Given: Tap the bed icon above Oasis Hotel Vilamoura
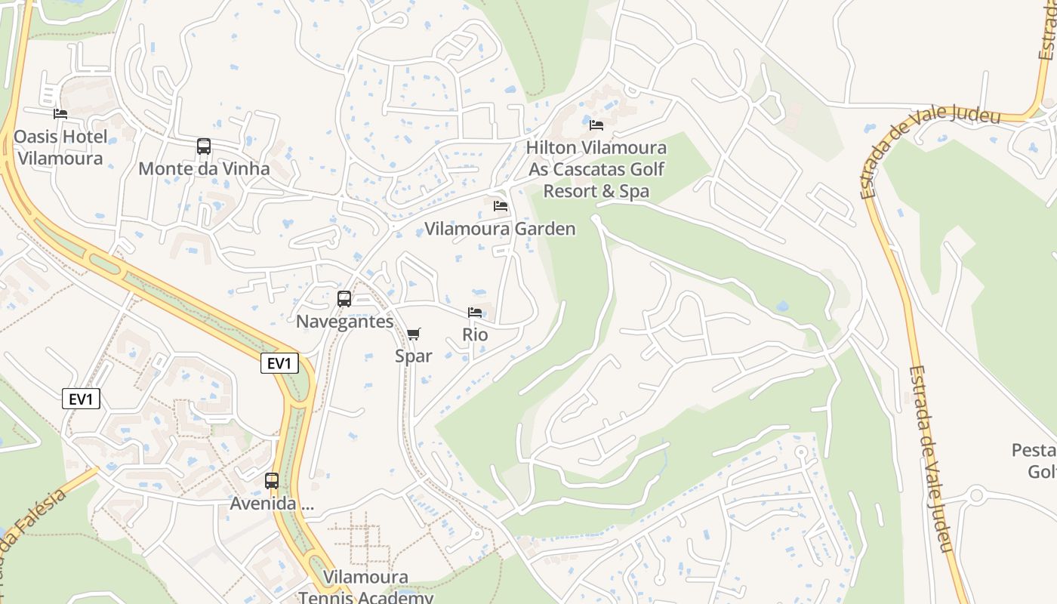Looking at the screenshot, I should pyautogui.click(x=60, y=114).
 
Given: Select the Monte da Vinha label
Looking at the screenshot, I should pyautogui.click(x=204, y=168).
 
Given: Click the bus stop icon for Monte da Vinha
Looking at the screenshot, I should pyautogui.click(x=204, y=146).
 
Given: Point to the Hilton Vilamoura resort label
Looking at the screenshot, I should pyautogui.click(x=596, y=169).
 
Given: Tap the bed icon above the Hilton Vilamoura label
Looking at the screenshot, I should pyautogui.click(x=596, y=125).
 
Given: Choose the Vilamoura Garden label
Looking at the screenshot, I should pyautogui.click(x=500, y=229).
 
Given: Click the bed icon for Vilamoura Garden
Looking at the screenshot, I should pyautogui.click(x=501, y=206).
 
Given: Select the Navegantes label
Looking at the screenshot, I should pyautogui.click(x=344, y=322).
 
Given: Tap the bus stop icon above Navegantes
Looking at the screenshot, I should pyautogui.click(x=344, y=299).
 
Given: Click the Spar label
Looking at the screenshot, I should pyautogui.click(x=414, y=356).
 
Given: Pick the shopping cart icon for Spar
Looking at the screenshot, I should pyautogui.click(x=414, y=334).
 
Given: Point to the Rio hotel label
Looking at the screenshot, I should pyautogui.click(x=475, y=334).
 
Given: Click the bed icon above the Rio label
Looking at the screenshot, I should pyautogui.click(x=475, y=313).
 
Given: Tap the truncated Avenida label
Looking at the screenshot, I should pyautogui.click(x=272, y=504).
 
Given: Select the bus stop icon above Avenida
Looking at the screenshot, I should pyautogui.click(x=272, y=481).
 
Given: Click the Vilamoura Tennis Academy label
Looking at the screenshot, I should pyautogui.click(x=365, y=587).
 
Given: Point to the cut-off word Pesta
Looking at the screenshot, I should pyautogui.click(x=1034, y=451).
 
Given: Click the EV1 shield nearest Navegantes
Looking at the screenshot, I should pyautogui.click(x=279, y=363).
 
